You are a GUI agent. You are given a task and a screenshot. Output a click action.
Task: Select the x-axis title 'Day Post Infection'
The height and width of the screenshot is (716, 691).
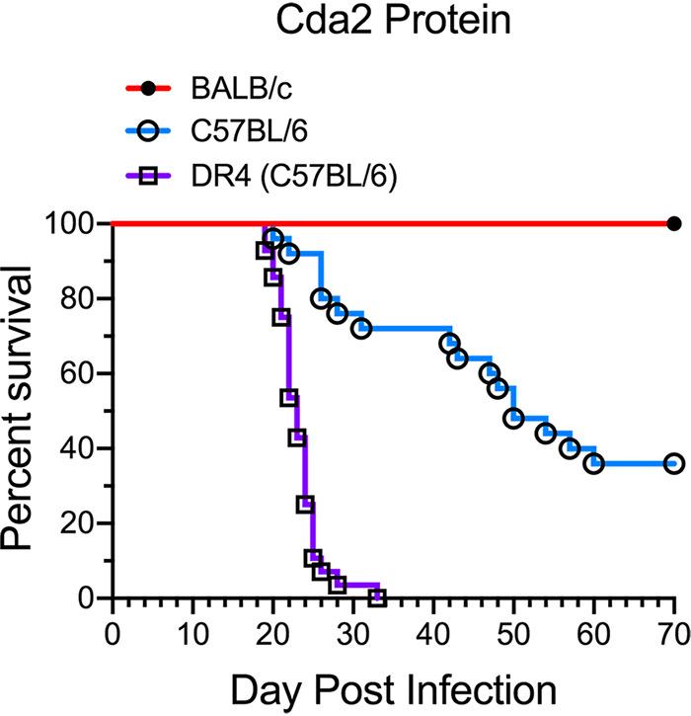(393, 683)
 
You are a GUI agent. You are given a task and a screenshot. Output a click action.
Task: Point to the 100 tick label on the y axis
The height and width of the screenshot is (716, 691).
(72, 224)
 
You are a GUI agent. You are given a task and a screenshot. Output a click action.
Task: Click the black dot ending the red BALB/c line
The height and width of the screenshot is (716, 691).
(674, 224)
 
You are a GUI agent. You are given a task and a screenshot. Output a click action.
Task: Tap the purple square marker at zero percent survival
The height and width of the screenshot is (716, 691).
(377, 597)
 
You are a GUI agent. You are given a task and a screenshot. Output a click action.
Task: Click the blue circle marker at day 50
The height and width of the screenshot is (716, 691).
(513, 419)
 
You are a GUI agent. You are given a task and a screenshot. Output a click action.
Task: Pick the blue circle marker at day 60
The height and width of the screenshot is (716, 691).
(593, 464)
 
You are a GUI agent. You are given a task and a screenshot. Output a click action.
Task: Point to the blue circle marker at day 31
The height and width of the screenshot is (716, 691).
(361, 329)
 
